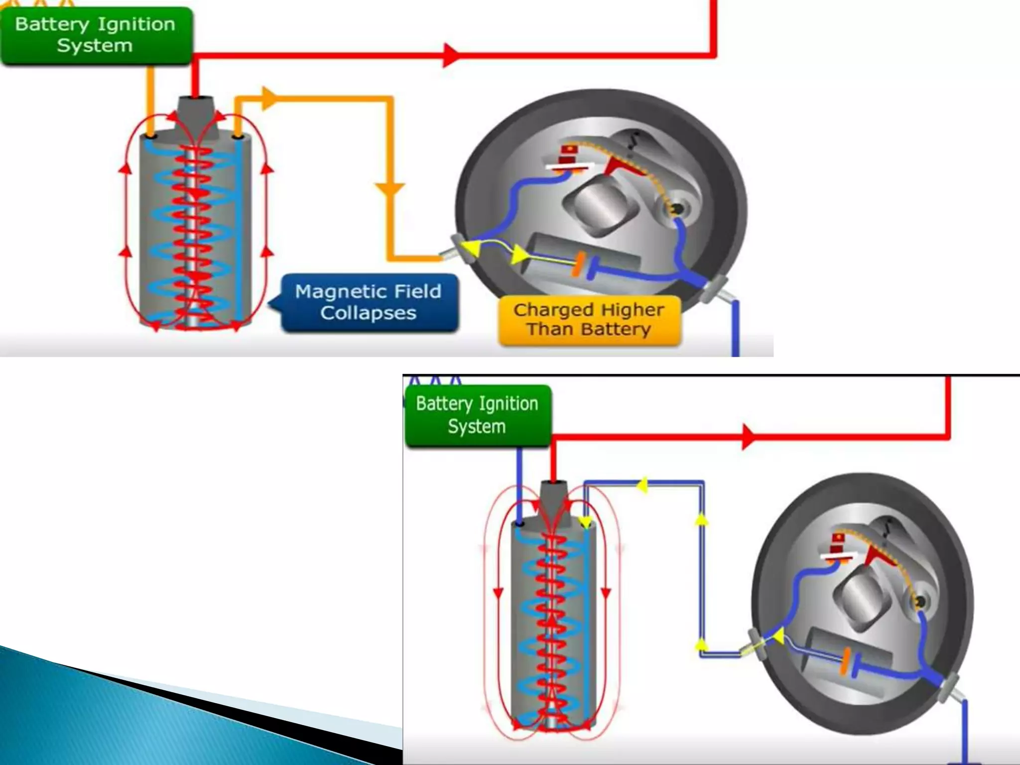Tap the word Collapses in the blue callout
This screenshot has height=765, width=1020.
click(368, 313)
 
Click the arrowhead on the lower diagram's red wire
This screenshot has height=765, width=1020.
click(748, 437)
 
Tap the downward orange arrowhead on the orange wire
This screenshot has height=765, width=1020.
click(389, 189)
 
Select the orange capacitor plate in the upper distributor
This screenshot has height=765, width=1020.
click(578, 264)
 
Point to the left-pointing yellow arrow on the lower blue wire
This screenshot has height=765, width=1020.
click(642, 484)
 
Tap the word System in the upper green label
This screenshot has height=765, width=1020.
click(95, 46)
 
